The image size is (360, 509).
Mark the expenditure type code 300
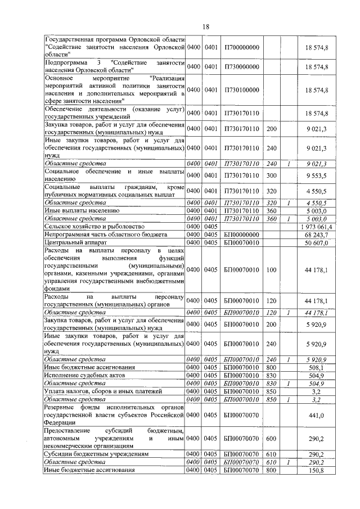click(272, 175)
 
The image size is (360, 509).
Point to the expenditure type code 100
click(272, 269)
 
